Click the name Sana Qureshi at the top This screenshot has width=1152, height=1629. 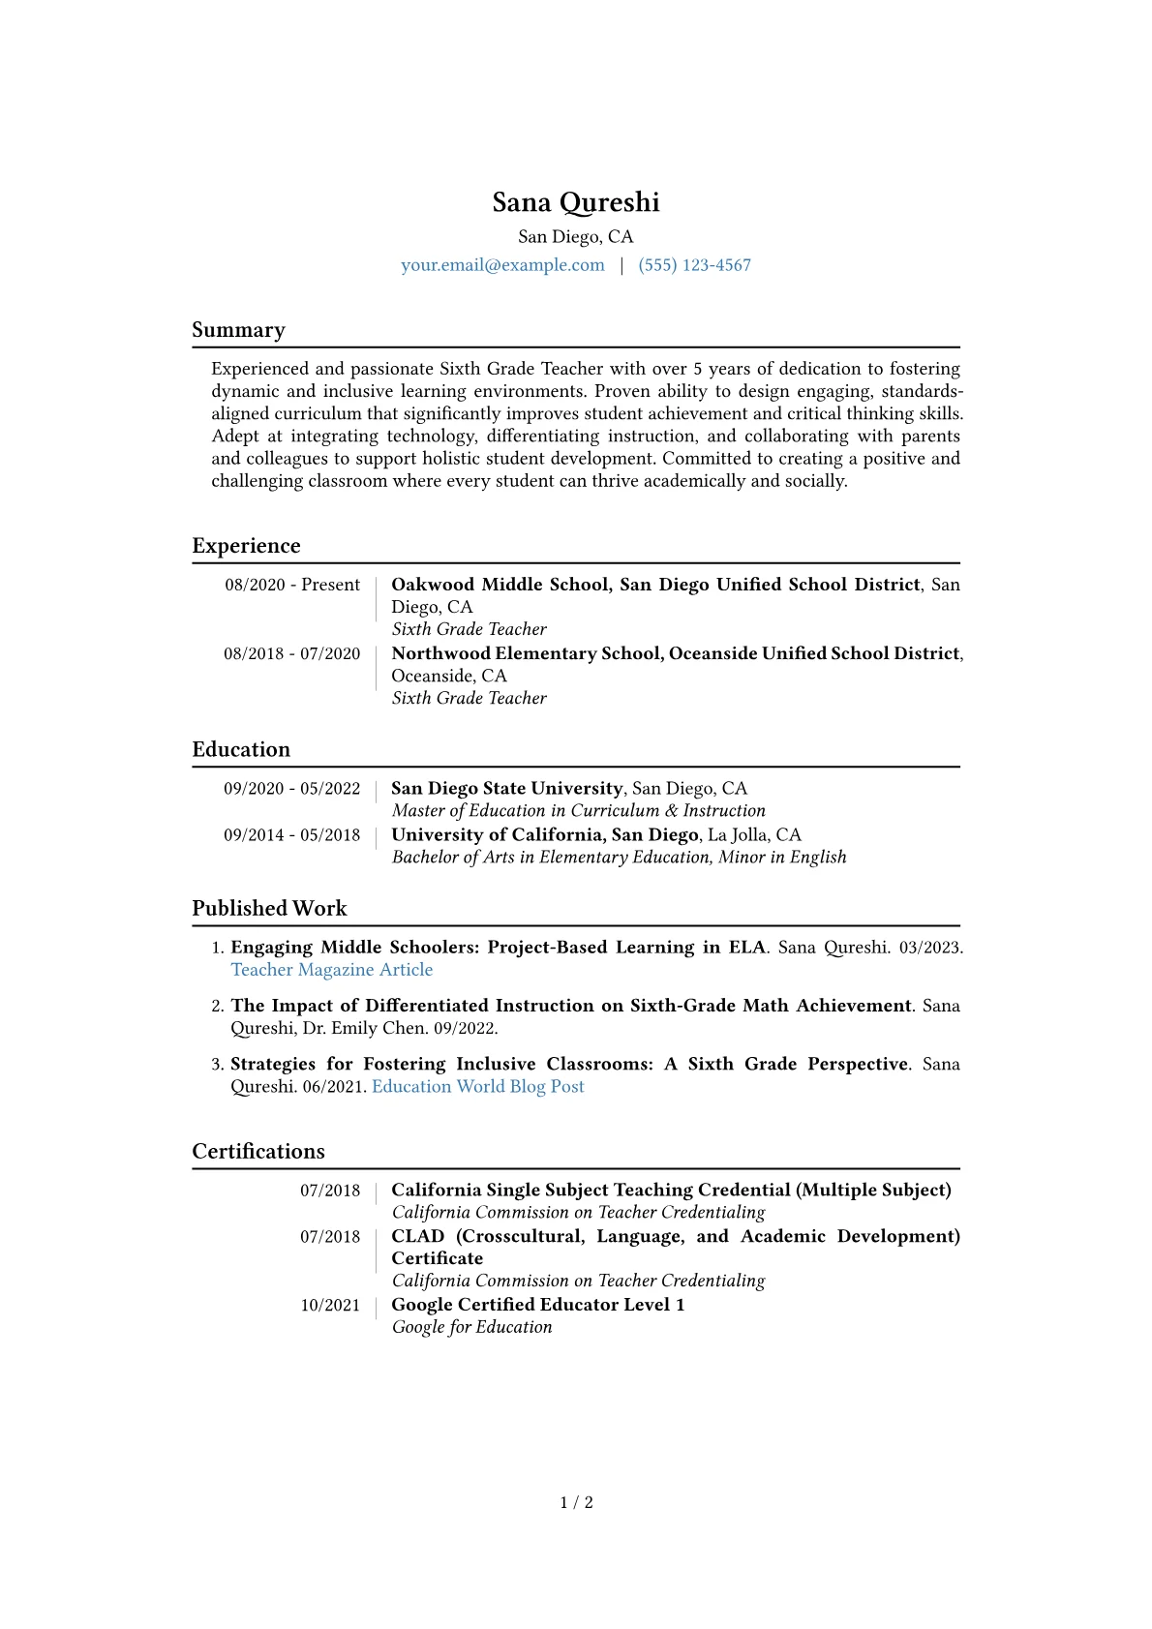tap(576, 202)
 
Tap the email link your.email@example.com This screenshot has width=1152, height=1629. tap(502, 265)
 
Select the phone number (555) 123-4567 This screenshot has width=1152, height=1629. tap(694, 265)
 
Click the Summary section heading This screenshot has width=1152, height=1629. tap(238, 330)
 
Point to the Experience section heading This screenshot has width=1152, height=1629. tap(246, 546)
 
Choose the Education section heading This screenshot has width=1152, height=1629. tap(241, 749)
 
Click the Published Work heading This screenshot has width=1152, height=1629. tap(269, 908)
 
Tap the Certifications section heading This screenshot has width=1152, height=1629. tap(258, 1151)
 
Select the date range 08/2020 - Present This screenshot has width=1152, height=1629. tap(292, 585)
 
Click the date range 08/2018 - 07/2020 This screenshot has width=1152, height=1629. tap(291, 653)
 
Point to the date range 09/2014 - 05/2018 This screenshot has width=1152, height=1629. tap(291, 835)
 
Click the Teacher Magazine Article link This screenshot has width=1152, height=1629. tap(331, 970)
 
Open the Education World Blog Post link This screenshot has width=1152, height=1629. tap(478, 1086)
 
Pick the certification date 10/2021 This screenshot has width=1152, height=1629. tap(330, 1305)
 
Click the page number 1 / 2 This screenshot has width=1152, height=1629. tap(576, 1502)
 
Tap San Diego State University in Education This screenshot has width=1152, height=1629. tap(506, 789)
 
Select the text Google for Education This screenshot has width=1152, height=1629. tap(471, 1327)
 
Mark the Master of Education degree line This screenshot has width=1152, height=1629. tap(578, 811)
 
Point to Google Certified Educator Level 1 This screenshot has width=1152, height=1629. tap(537, 1305)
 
